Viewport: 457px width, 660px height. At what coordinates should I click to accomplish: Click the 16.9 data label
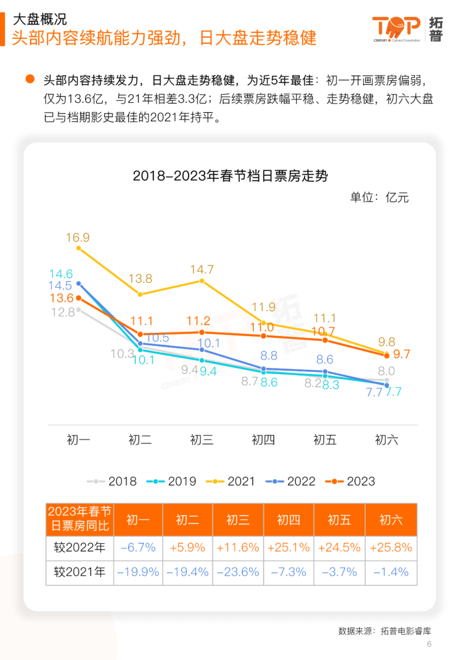pos(78,238)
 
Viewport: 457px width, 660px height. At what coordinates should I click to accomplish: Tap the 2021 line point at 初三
pos(202,281)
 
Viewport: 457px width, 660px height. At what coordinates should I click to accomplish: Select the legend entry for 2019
pos(171,481)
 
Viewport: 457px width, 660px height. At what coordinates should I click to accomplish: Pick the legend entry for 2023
pos(350,481)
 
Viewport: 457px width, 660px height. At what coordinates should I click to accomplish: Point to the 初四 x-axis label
pos(263,440)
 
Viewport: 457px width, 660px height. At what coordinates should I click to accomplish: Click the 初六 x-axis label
pos(386,440)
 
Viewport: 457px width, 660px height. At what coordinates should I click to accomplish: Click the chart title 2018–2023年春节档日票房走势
pos(230,176)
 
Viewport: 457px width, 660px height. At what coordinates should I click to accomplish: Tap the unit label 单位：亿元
pos(379,197)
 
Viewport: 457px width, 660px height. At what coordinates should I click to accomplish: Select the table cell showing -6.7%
pos(138,547)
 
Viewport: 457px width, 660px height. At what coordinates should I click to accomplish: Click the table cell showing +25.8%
pos(391,547)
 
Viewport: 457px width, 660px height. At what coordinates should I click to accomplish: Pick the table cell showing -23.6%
pos(238,572)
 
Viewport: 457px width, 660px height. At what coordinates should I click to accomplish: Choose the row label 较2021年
pos(80,572)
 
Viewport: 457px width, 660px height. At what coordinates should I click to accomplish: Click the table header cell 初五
pos(339,520)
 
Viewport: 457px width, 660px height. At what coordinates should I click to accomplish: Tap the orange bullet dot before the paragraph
pos(30,79)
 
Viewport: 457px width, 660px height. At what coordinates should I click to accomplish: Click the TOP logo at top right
pos(396,28)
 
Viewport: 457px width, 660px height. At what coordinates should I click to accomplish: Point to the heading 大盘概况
pos(40,19)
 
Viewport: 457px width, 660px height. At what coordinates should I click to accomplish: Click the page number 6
pos(429,644)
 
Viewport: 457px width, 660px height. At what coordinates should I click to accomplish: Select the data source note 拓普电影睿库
pos(406,631)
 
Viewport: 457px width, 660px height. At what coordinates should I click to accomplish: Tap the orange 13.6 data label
pos(62,298)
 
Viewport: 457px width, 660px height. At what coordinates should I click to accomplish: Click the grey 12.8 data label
pos(63,312)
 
